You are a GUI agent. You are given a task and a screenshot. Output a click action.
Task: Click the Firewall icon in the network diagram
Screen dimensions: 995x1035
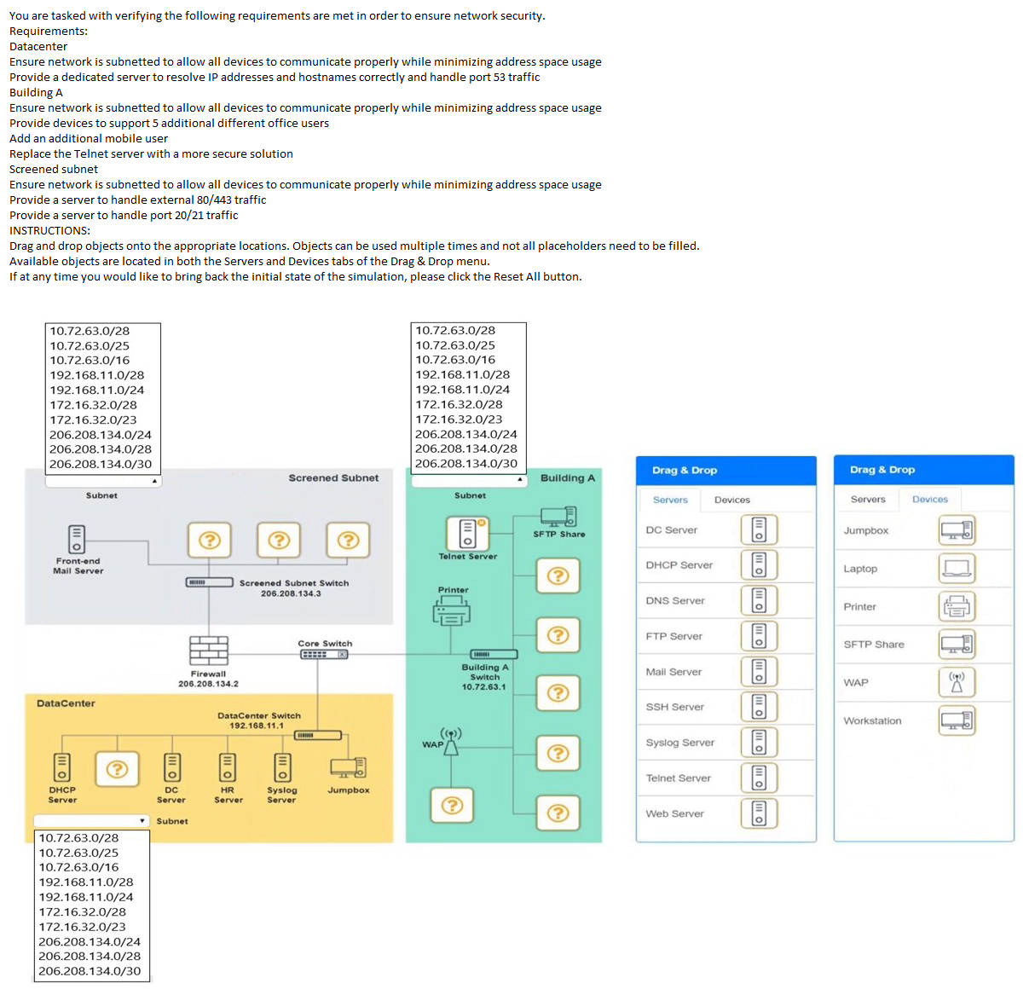209,651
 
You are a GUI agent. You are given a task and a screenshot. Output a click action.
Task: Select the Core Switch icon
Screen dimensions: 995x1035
324,655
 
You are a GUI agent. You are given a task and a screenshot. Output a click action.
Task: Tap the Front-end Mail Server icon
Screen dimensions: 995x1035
77,539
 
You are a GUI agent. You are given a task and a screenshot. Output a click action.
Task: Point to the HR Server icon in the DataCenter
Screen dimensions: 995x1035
228,767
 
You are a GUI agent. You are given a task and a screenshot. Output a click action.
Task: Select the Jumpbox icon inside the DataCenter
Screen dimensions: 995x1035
348,767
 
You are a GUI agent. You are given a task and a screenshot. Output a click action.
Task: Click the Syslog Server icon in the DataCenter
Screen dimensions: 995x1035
282,767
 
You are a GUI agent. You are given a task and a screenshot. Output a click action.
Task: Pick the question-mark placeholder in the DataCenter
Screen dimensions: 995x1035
118,769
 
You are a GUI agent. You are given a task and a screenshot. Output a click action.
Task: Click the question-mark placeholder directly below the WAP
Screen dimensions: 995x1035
453,806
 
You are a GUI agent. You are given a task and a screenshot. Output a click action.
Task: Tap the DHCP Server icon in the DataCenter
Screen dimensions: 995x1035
62,767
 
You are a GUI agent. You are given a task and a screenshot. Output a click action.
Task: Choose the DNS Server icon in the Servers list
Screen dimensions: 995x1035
759,601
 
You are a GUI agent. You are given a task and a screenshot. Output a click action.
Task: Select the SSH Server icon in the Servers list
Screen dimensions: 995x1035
759,707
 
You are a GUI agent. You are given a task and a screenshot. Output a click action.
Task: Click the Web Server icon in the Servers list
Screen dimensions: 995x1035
759,813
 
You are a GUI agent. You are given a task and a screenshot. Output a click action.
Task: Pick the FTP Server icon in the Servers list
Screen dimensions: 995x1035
759,636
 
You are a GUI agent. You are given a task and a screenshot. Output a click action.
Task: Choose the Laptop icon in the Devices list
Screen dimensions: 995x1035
957,569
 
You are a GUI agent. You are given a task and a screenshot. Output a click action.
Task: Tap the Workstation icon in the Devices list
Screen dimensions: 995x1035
957,720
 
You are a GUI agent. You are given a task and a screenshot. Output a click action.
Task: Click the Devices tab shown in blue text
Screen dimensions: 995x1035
929,500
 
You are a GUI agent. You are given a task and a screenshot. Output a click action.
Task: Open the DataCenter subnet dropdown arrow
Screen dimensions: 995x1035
142,821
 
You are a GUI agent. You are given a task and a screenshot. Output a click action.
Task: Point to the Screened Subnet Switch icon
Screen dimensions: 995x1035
209,582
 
